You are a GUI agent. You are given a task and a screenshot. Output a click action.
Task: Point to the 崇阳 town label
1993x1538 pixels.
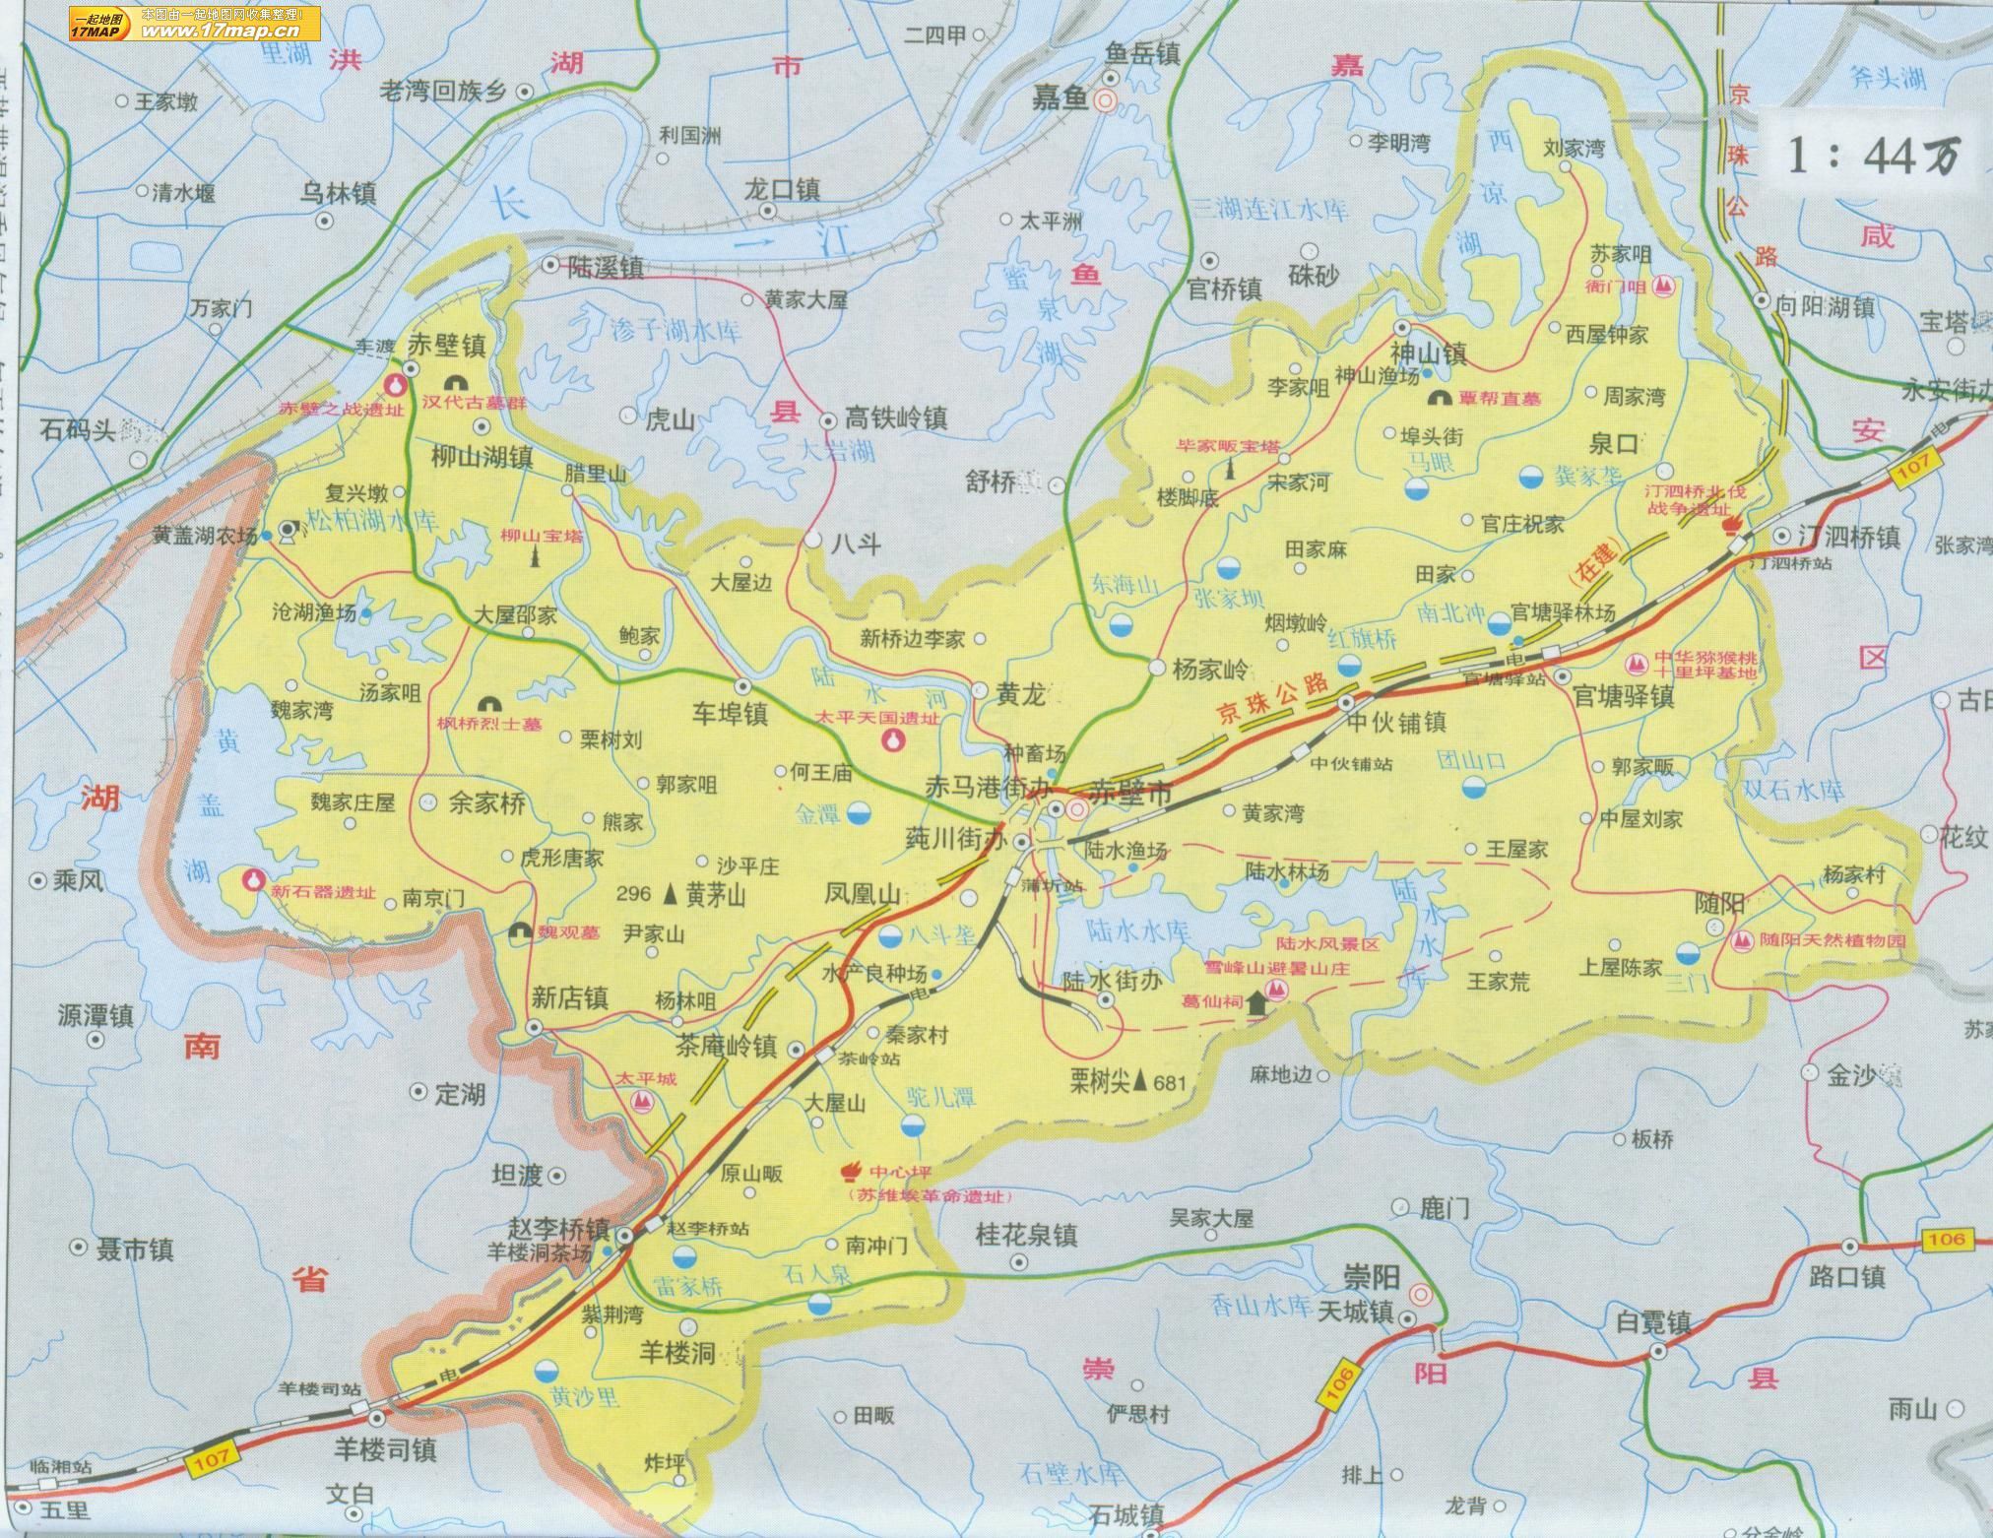coord(1372,1278)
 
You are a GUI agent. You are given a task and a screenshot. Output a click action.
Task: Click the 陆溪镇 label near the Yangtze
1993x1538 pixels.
coord(607,267)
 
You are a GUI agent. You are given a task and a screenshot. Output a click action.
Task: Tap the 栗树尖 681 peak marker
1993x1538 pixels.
coord(1140,1082)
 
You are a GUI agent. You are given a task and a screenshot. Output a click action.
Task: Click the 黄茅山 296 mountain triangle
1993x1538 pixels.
coord(671,894)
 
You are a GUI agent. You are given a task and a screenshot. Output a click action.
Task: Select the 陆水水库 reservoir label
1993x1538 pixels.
coord(1138,929)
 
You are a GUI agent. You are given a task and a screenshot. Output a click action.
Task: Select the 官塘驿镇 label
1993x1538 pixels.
coord(1623,695)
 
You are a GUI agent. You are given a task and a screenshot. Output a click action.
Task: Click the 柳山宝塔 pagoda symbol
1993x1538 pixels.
coord(537,557)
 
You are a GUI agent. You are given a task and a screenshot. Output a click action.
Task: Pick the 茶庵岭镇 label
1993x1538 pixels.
coord(727,1046)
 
